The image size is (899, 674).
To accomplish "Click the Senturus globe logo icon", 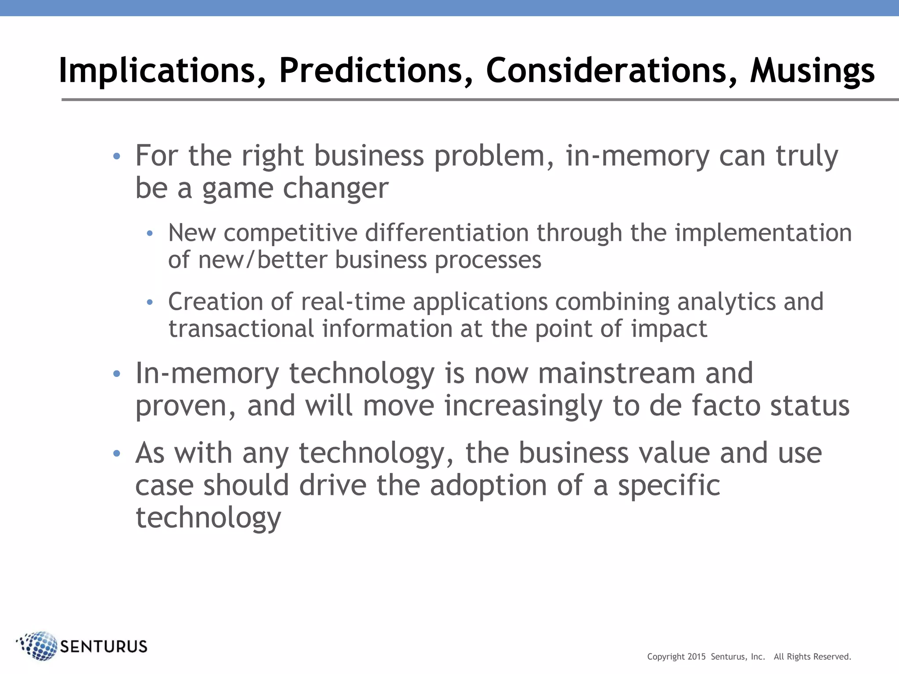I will tap(39, 646).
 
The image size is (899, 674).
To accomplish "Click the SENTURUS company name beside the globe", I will tap(104, 647).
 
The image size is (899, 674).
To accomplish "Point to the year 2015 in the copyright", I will tap(697, 657).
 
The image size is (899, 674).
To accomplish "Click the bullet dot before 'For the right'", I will tap(116, 156).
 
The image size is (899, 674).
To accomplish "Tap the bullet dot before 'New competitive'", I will tap(150, 233).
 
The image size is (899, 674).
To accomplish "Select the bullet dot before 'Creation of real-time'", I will tap(150, 302).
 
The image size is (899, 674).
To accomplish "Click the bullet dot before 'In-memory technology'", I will tap(116, 374).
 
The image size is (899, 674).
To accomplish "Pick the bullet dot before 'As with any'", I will tap(116, 453).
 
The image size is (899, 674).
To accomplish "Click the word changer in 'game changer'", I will tap(335, 189).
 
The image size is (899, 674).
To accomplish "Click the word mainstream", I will tap(616, 373).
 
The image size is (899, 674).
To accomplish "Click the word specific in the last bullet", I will tap(669, 486).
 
